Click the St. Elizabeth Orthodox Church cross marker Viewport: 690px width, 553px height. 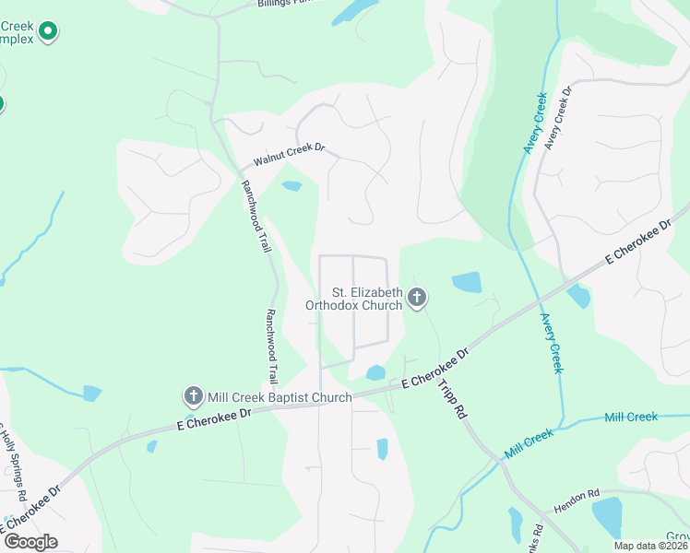click(x=417, y=298)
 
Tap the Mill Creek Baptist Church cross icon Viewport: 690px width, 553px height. click(x=194, y=397)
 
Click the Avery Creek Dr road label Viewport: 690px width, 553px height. click(x=558, y=119)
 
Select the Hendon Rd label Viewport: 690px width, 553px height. click(x=577, y=501)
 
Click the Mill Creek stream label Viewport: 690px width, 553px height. click(x=631, y=417)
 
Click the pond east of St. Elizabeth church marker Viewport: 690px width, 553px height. click(x=466, y=282)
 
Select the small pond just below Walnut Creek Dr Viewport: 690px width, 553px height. click(x=291, y=186)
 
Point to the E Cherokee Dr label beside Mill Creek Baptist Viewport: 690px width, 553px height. click(x=214, y=419)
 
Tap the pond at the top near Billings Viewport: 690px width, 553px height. click(x=353, y=11)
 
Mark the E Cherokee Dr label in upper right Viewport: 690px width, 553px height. click(x=639, y=242)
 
